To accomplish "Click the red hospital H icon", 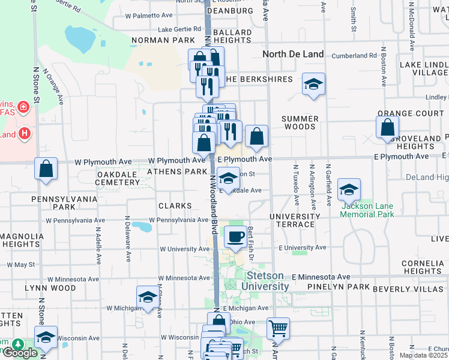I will tap(25, 132).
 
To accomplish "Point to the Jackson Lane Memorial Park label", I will tap(367, 210).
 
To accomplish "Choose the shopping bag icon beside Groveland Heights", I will tap(388, 127).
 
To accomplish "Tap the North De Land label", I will tap(294, 54).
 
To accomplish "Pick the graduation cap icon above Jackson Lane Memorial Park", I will tap(349, 190).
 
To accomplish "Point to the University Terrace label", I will tap(295, 220).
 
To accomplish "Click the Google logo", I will tap(20, 353).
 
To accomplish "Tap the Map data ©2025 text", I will tap(424, 355).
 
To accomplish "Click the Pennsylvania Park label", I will tap(47, 202).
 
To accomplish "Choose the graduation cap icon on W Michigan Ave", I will tap(148, 298).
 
